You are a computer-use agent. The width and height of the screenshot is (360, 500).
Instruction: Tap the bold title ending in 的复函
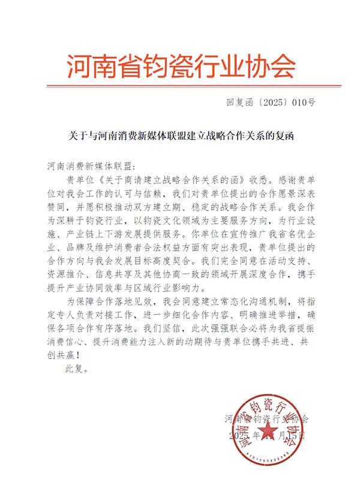pos(179,137)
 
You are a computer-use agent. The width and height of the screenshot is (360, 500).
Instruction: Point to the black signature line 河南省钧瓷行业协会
pos(265,418)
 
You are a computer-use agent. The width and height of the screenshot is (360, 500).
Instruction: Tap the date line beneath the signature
pos(266,436)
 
